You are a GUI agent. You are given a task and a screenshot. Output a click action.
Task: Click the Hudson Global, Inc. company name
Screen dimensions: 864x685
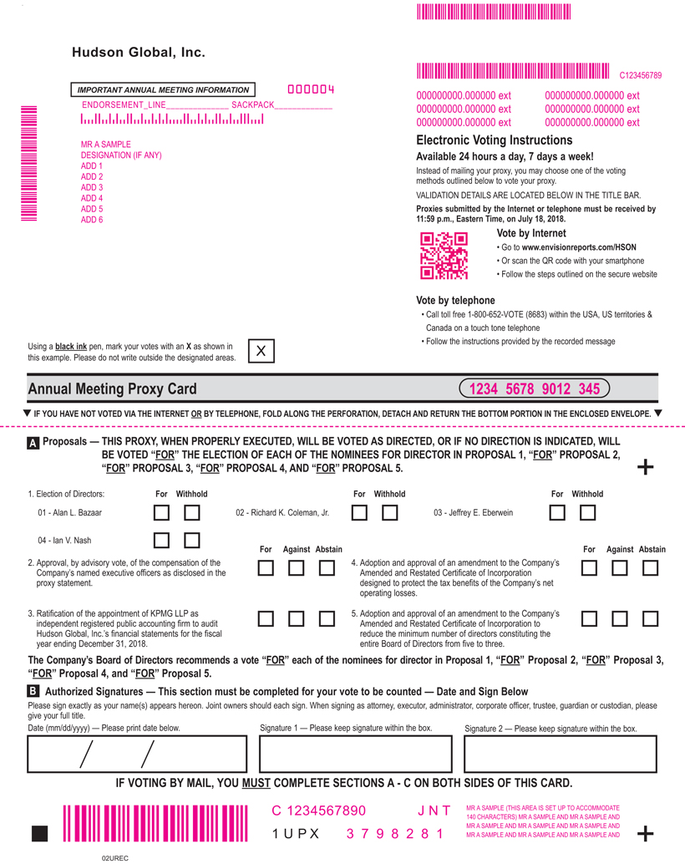tap(138, 53)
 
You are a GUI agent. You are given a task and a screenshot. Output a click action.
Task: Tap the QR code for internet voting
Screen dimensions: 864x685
tap(444, 255)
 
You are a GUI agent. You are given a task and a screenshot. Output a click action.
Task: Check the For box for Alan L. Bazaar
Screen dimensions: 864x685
tap(162, 512)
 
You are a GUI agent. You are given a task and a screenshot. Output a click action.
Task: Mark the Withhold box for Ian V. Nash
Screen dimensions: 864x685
tap(192, 541)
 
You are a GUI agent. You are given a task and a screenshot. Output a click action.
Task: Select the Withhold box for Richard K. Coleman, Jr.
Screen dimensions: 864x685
tap(389, 512)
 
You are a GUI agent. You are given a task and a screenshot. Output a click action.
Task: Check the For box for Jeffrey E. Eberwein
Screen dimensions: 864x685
tap(557, 512)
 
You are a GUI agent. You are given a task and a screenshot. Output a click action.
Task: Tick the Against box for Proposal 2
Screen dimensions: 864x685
tap(296, 568)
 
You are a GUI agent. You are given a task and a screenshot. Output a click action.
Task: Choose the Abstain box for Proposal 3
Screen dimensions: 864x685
tap(327, 619)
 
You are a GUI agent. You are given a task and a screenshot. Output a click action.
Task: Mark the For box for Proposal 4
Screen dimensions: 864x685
tap(590, 568)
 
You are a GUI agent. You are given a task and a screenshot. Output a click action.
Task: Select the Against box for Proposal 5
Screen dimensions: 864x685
tap(620, 619)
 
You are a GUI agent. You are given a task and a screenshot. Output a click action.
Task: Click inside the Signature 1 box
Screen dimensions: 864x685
tap(356, 754)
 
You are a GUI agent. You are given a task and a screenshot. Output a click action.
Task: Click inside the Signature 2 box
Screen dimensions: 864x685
tap(560, 754)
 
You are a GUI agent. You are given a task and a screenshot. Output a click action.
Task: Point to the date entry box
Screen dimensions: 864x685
tap(138, 754)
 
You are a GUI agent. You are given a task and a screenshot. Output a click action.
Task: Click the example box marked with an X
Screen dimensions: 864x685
tap(261, 352)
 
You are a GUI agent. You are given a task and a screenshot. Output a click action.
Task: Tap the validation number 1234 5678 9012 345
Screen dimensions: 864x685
tap(534, 389)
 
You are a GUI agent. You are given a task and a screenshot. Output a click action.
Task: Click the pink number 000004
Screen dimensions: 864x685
tap(311, 89)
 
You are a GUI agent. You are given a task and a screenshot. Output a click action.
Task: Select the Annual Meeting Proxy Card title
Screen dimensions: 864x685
tap(112, 389)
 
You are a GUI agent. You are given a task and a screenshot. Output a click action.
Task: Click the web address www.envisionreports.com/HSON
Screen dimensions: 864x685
tap(580, 247)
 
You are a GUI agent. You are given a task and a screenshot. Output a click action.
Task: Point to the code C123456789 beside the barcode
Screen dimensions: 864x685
tap(640, 75)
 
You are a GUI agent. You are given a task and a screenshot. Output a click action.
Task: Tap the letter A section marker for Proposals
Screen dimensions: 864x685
tap(33, 445)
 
